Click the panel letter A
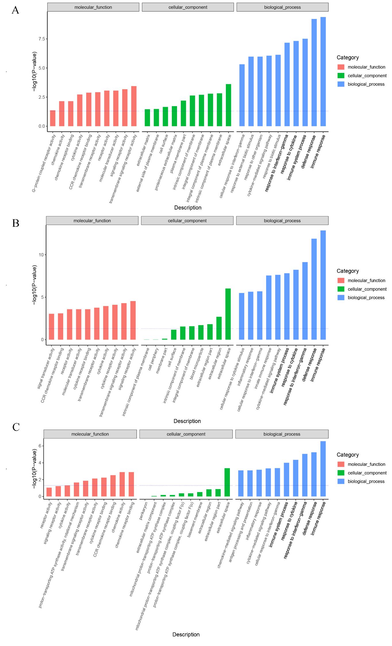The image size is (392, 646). point(16,10)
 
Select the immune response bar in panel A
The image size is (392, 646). point(323,72)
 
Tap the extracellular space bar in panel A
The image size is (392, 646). point(228,105)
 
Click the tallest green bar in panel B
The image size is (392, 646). point(228,314)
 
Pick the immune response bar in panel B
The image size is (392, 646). point(323,285)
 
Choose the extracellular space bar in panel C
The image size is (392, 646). point(227,482)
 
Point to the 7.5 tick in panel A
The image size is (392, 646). point(42,39)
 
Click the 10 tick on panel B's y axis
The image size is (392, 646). point(41,255)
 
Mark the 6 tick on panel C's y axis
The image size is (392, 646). point(40,446)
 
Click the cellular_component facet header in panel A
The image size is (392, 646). point(188,7)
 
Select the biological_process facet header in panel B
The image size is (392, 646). point(282,221)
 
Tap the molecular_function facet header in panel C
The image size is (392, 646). point(90,434)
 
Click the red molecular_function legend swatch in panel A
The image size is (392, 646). point(341,67)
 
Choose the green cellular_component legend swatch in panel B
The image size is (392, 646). point(341,289)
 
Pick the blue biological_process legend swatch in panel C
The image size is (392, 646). point(341,481)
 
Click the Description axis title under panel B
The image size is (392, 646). point(187,421)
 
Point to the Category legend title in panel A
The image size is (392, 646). point(347,58)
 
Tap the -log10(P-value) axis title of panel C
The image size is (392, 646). point(34,469)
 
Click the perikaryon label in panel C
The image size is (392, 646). point(144,511)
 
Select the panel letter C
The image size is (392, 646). point(16,427)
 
